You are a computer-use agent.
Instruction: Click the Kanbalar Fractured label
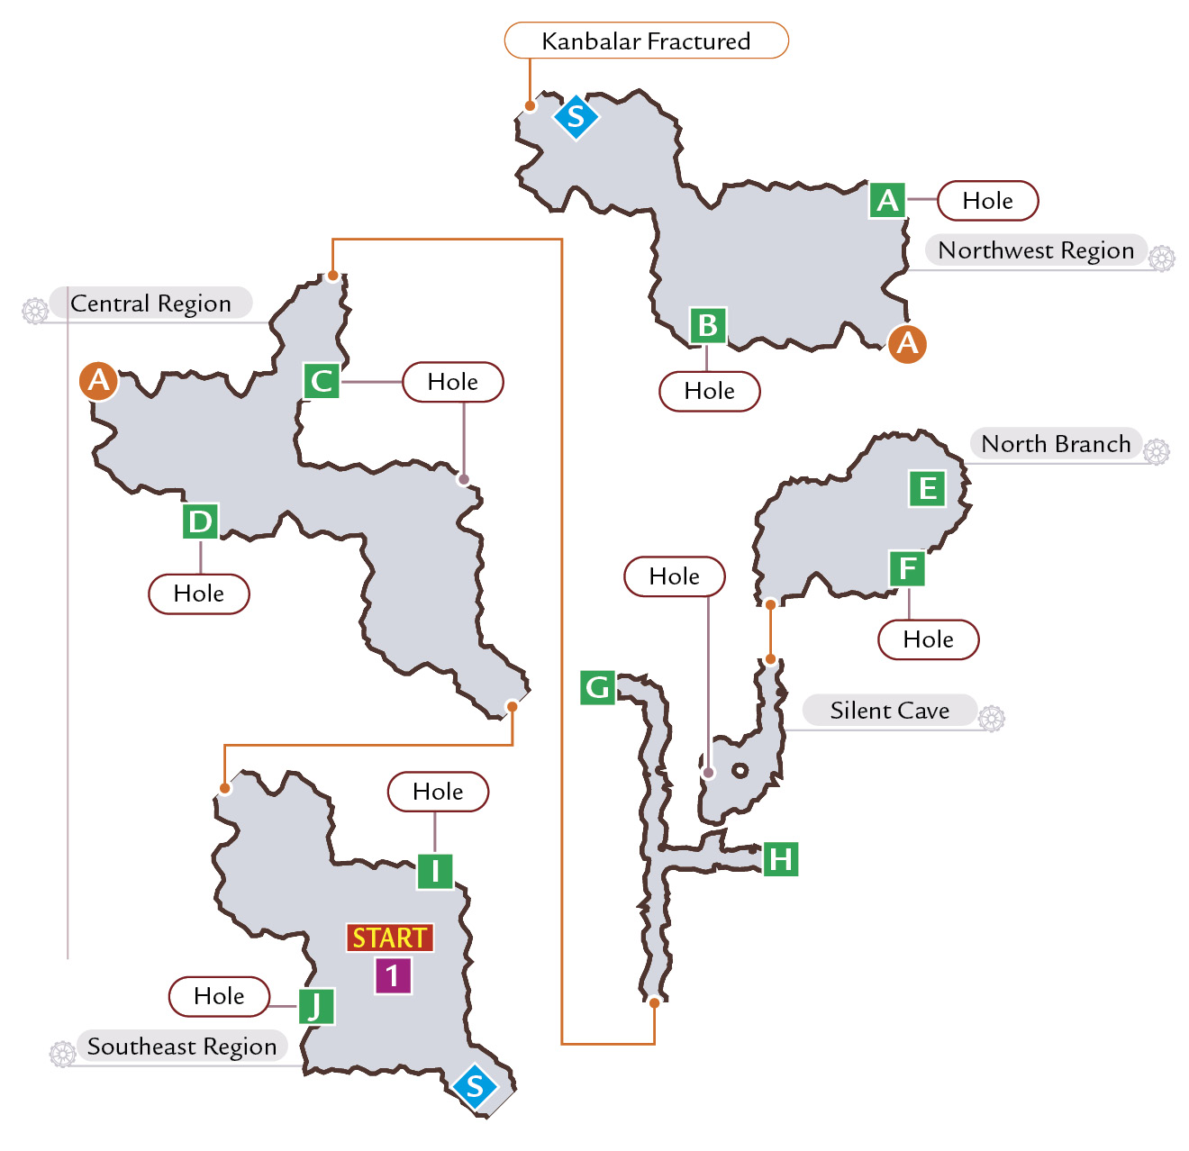[x=646, y=41]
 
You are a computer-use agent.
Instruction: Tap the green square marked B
[x=707, y=325]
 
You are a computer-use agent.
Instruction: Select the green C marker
[x=322, y=381]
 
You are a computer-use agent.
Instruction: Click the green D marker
[x=200, y=521]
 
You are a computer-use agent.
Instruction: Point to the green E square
[x=927, y=488]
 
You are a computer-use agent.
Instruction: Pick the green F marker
[x=907, y=568]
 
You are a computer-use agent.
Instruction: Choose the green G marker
[x=597, y=687]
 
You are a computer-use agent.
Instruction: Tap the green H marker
[x=780, y=859]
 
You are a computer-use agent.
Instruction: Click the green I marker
[x=435, y=871]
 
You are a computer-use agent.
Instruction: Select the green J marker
[x=316, y=1006]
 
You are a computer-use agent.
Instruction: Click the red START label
[x=390, y=938]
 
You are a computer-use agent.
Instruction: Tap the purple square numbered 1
[x=393, y=975]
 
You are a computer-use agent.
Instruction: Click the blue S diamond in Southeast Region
[x=475, y=1087]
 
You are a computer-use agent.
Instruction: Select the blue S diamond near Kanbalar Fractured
[x=576, y=117]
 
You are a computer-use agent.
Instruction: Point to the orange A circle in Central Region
[x=98, y=381]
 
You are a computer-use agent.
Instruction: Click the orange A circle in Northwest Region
[x=907, y=343]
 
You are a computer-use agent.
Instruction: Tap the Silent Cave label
[x=889, y=710]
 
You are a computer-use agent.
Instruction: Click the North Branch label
[x=1055, y=443]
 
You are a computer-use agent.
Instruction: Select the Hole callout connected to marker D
[x=198, y=594]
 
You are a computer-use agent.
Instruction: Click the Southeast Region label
[x=182, y=1046]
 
